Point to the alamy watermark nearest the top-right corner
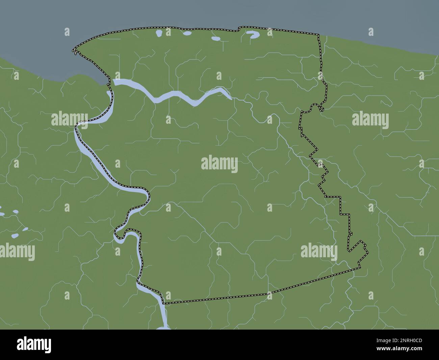[x=370, y=120]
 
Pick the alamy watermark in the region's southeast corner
[x=318, y=251]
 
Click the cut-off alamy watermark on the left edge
[x=17, y=252]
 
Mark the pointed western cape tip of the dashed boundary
[x=73, y=51]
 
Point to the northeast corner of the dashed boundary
[x=318, y=35]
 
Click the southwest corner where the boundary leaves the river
[x=163, y=303]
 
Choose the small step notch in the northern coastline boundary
[x=239, y=29]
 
